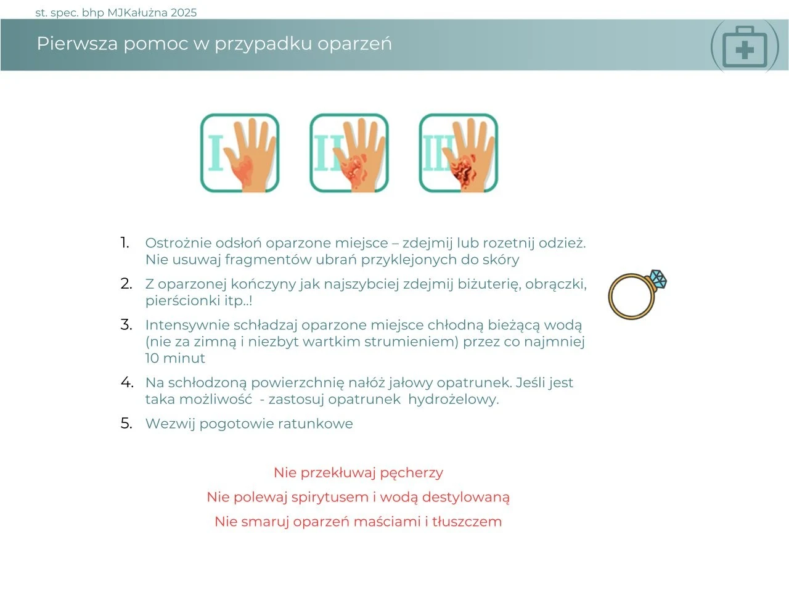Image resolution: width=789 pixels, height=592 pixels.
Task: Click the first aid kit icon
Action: click(745, 46)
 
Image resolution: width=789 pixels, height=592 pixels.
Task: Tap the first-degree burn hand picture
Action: click(240, 153)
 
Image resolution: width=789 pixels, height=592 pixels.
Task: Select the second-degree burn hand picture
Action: click(349, 153)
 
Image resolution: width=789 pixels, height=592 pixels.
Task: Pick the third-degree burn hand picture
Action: click(459, 153)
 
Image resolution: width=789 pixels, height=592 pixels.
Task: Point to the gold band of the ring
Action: click(611, 297)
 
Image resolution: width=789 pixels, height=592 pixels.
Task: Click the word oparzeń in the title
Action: click(354, 44)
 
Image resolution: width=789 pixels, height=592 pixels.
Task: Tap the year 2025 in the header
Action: click(184, 13)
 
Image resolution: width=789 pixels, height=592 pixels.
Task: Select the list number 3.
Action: click(126, 324)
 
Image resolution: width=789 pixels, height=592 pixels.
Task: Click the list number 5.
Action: click(126, 423)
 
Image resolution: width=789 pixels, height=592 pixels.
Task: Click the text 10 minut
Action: click(175, 358)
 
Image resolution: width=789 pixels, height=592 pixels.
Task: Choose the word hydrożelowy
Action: click(454, 400)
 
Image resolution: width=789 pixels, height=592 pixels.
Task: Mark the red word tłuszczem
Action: click(467, 521)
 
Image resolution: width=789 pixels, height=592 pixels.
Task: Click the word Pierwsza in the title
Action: click(77, 44)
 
